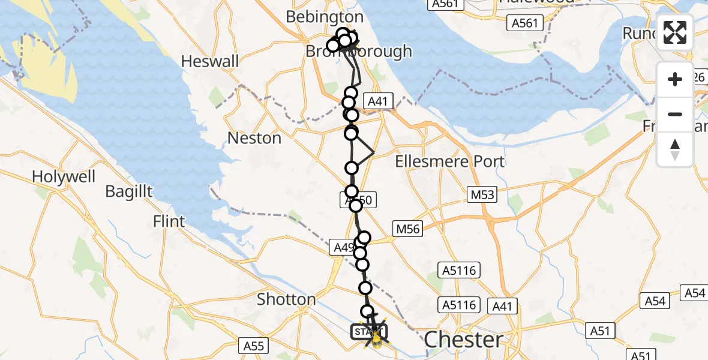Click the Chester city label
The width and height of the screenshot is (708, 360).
[463, 340]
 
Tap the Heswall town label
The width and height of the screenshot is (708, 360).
[209, 61]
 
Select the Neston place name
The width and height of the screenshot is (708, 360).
[254, 138]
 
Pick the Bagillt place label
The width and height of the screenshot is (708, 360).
[129, 192]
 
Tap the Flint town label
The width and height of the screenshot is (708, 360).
[169, 221]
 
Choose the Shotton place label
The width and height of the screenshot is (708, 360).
[286, 299]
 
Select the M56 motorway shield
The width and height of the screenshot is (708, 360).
[407, 228]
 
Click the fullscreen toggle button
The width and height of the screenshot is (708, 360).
[675, 32]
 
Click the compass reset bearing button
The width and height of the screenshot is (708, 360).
[675, 149]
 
